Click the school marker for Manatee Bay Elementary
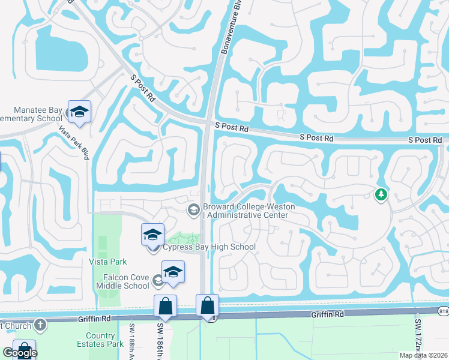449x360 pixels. click(x=79, y=112)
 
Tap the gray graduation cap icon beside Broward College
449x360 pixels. click(x=193, y=209)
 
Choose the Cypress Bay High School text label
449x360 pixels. click(x=209, y=247)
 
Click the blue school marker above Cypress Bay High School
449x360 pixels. click(x=153, y=233)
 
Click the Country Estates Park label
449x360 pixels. click(x=100, y=340)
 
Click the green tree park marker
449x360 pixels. click(x=380, y=194)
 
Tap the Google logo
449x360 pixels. click(x=20, y=353)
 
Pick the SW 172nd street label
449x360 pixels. click(x=418, y=338)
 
